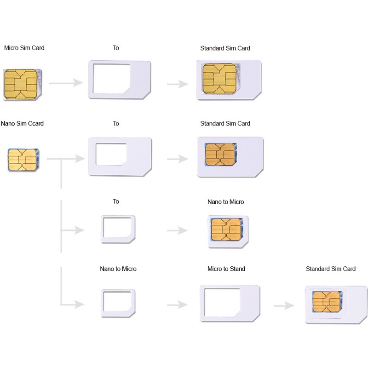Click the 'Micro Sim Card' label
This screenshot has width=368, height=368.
point(24,48)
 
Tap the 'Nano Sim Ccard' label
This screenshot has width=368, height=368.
point(22,123)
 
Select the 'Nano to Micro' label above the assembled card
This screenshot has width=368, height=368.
point(225,201)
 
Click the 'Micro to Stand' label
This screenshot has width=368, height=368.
point(226,269)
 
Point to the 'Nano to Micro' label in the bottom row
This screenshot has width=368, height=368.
point(118,269)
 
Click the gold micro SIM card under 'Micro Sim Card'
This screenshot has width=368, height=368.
point(23,84)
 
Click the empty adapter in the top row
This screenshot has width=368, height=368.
point(120,79)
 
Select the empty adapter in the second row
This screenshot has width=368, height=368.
point(120,156)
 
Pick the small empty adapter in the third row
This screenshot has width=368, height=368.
point(118,229)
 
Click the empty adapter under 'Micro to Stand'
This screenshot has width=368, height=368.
point(230,303)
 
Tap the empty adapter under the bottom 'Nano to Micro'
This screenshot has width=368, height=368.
point(118,303)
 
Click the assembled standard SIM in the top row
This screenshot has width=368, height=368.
point(229,80)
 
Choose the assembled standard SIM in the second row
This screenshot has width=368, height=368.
point(230,156)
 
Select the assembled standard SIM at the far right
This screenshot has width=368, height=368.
point(336,304)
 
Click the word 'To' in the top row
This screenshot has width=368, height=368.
point(116,48)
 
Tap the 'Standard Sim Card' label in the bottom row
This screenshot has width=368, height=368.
point(330,269)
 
